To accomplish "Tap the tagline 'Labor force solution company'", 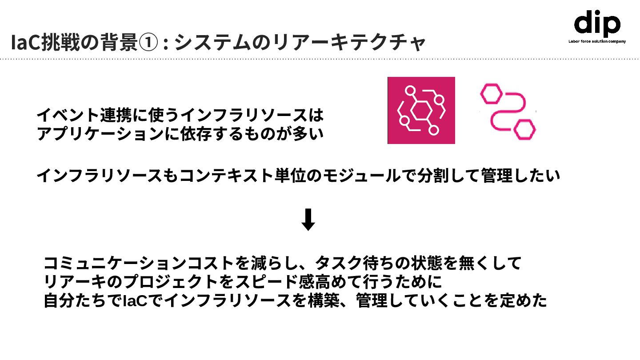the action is [x=597, y=41].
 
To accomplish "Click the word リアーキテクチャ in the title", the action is [x=349, y=43].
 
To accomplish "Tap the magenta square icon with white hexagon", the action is [x=421, y=110].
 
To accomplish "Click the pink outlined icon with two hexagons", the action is [x=508, y=111].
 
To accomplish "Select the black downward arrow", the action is [x=308, y=220].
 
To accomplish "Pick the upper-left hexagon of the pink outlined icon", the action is [x=491, y=93].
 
